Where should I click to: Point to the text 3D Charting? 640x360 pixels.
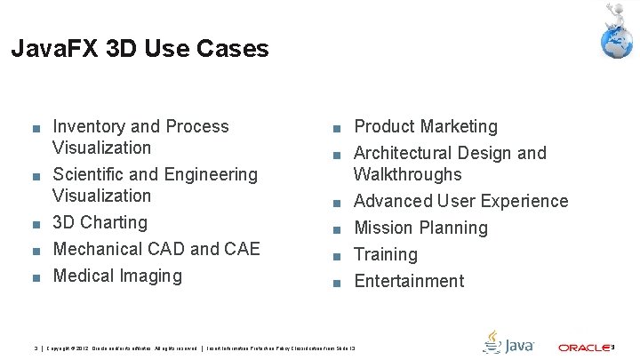coord(100,222)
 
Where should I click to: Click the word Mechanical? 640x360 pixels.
coord(100,249)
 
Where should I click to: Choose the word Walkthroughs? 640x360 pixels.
coord(408,174)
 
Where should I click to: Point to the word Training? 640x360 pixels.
coord(386,254)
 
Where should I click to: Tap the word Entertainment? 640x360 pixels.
coord(409,281)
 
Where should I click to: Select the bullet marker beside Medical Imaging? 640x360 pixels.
coord(35,277)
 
